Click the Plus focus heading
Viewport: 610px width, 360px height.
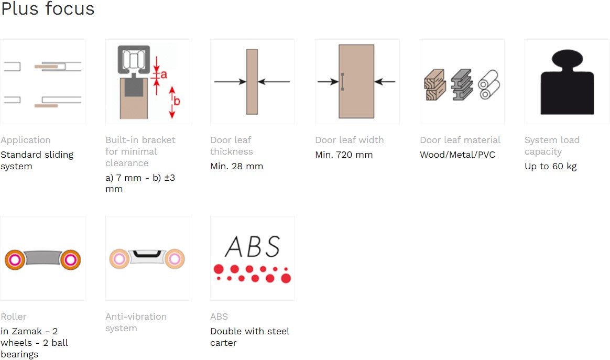(x=48, y=8)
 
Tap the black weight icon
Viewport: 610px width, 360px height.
(x=567, y=82)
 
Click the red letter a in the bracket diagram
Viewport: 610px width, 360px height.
(x=164, y=74)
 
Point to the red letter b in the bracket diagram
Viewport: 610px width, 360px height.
(x=177, y=101)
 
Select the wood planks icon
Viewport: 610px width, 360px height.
(x=434, y=85)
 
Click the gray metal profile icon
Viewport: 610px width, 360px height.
(x=462, y=85)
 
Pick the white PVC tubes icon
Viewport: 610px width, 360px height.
(x=489, y=84)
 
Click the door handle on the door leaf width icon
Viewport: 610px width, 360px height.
(x=342, y=82)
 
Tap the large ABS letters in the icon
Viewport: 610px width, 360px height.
(x=253, y=246)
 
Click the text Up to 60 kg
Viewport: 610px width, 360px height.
(x=550, y=166)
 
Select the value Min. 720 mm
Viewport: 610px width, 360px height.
(x=344, y=155)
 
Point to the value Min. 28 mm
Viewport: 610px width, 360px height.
(x=236, y=166)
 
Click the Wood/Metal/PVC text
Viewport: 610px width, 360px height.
(x=457, y=155)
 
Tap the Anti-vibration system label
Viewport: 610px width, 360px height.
(x=136, y=322)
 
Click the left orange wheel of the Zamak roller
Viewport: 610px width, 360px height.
(x=15, y=259)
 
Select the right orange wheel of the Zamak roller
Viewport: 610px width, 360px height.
(x=71, y=259)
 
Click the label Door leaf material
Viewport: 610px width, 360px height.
(x=460, y=140)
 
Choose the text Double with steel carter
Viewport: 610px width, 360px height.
(x=250, y=337)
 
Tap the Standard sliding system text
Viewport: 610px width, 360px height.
(x=37, y=160)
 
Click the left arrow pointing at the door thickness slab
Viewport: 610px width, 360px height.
(x=230, y=82)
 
